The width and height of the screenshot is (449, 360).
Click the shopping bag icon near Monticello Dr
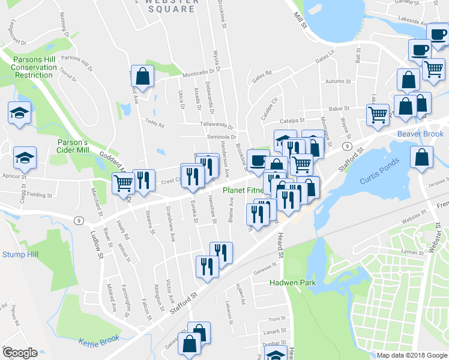coord(142,76)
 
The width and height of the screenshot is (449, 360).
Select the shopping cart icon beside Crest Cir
coord(123,182)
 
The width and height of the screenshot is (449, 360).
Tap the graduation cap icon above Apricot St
coord(25,157)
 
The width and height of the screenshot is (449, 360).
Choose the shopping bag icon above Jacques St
coord(422,157)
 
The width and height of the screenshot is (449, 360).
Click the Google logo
coord(20,352)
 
